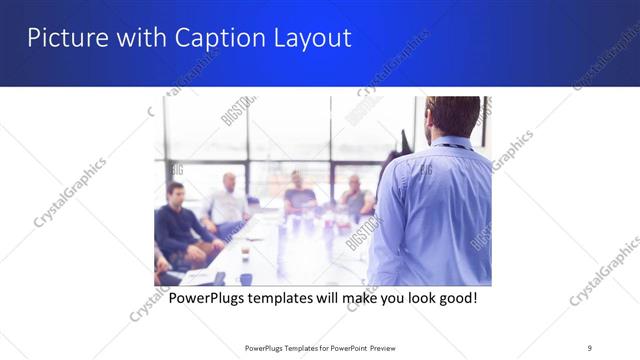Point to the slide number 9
[590, 348]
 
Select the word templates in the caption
[294, 298]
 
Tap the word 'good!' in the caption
[455, 298]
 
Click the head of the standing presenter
[452, 118]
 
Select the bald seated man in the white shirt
[229, 200]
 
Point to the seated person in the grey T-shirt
[299, 194]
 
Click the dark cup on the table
[245, 279]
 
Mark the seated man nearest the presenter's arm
[355, 200]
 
